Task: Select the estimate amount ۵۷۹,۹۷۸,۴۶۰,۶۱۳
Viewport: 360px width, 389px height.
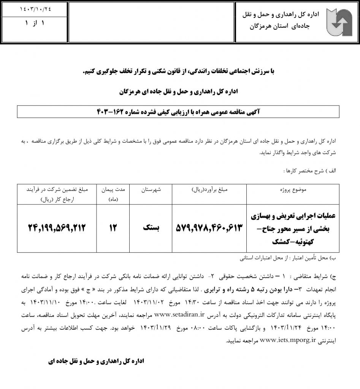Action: click(x=209, y=228)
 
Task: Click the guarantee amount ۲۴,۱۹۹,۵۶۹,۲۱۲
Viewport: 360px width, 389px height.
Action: click(x=57, y=228)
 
